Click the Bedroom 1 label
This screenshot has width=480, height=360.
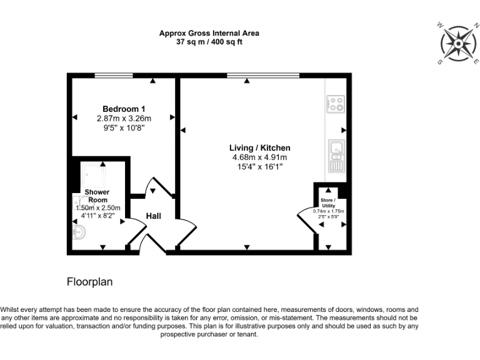[x=124, y=109]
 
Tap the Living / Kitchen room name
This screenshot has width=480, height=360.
[x=259, y=148]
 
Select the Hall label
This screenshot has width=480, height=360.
[x=154, y=216]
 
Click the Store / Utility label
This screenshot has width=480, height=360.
[x=328, y=202]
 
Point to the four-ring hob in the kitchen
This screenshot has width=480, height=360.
[x=336, y=102]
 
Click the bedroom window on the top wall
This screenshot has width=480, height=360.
[x=113, y=76]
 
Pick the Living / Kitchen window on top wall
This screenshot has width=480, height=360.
[x=263, y=76]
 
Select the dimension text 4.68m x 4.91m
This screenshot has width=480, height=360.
[x=259, y=157]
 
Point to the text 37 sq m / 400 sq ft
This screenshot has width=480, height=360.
[x=209, y=42]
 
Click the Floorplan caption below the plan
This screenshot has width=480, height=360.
[x=89, y=282]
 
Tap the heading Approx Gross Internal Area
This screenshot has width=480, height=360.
[x=209, y=33]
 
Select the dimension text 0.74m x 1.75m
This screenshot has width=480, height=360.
[x=329, y=211]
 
